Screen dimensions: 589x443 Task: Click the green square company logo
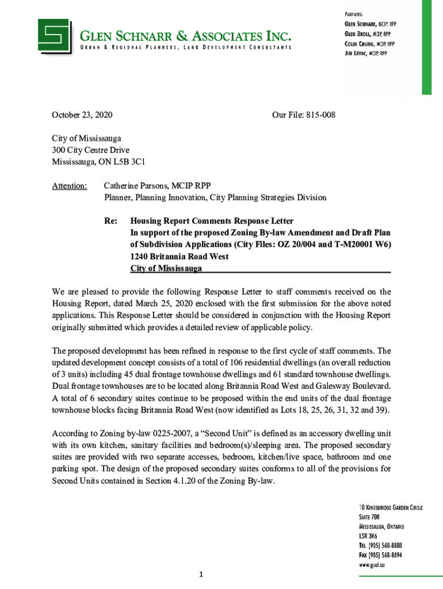tap(55, 35)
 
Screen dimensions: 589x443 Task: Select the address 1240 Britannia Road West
tap(180, 257)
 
